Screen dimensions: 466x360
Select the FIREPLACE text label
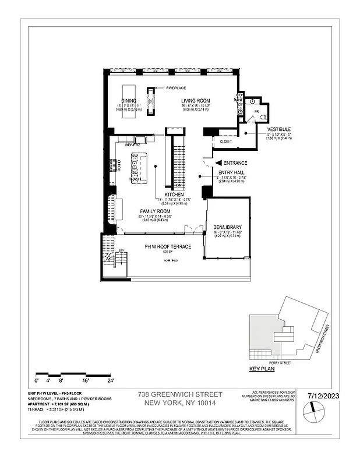coord(177,88)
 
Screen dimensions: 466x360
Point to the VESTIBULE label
coord(278,129)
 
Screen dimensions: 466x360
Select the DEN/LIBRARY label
coord(227,227)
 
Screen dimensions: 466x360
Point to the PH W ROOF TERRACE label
coord(168,247)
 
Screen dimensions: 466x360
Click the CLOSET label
coord(227,141)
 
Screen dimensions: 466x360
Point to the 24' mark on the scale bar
coord(110,380)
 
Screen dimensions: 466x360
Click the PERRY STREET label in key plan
coord(288,362)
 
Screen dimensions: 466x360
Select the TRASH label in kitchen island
coord(135,179)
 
